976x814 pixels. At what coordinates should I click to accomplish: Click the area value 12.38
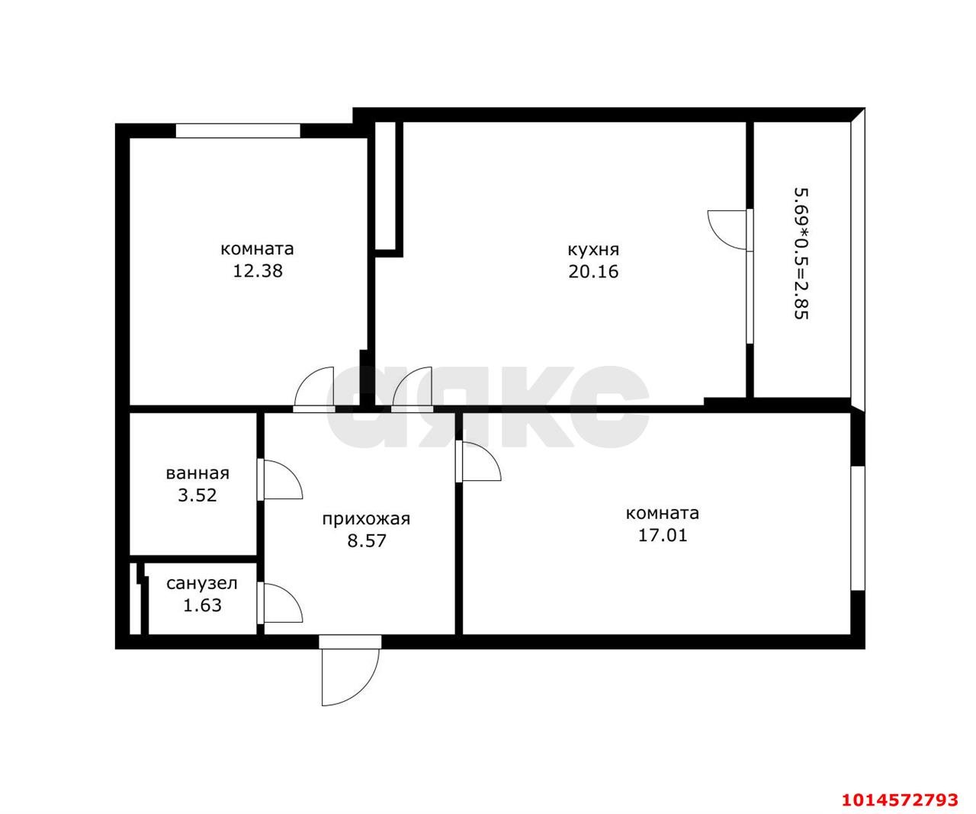coord(257,271)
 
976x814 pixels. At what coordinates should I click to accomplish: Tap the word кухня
coord(593,249)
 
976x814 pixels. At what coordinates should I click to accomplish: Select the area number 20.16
coord(593,271)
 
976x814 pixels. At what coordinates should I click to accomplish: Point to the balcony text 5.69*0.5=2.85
coord(801,252)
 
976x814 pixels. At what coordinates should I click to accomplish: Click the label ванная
coord(197,473)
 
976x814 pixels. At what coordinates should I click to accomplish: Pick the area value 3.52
coord(197,495)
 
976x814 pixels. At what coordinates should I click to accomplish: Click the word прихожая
coord(366,519)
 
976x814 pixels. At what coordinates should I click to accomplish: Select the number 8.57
coord(366,541)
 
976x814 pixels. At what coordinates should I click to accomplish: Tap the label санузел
coord(202,584)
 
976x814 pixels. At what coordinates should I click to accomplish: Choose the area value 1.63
coord(202,606)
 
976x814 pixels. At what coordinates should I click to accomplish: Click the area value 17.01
coord(662,535)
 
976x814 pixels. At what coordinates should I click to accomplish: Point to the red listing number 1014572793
coord(899,800)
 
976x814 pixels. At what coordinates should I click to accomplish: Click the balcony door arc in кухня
coord(728,229)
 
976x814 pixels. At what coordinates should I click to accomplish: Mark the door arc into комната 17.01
coord(480,462)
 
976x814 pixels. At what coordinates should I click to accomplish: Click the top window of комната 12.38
coord(238,130)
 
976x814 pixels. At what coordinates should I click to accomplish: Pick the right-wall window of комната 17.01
coord(858,527)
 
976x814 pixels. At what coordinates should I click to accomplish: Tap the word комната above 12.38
coord(257,249)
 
